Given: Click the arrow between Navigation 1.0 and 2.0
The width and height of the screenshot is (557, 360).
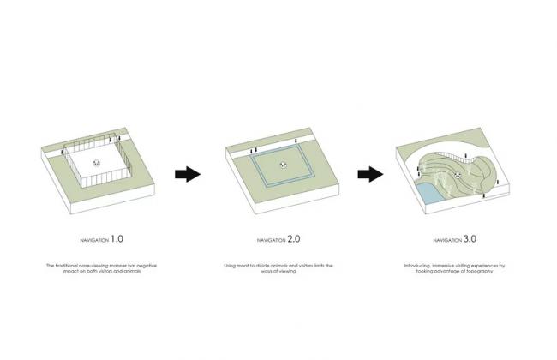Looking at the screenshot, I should pyautogui.click(x=187, y=174).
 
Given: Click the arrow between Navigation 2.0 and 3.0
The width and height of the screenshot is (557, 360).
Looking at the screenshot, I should pyautogui.click(x=369, y=174).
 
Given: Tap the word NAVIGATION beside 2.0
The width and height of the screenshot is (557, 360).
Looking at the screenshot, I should pyautogui.click(x=270, y=239).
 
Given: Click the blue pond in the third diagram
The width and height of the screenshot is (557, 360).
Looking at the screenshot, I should pyautogui.click(x=423, y=193).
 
